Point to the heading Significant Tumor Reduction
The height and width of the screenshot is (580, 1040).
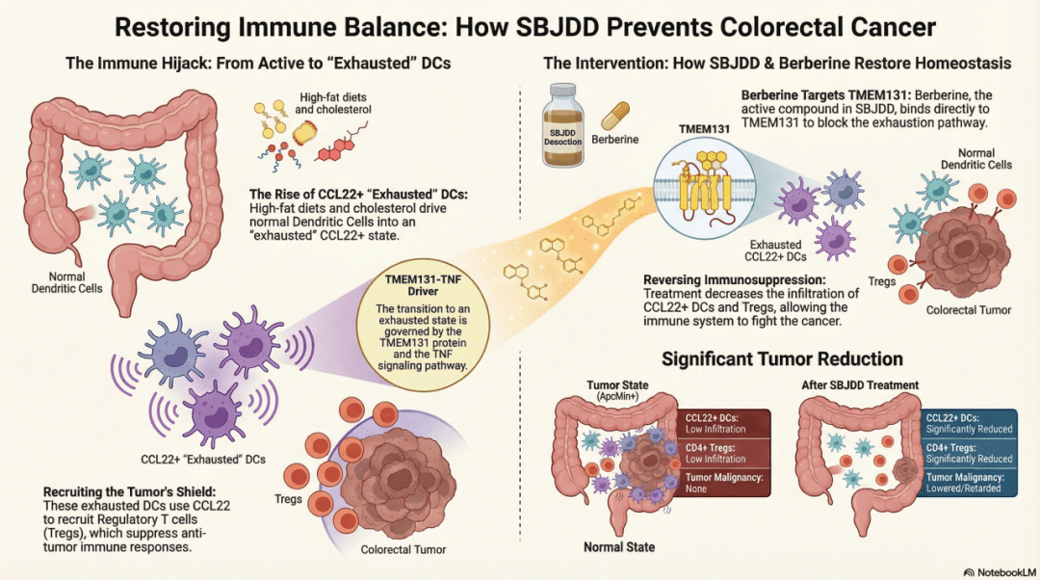pos(782,358)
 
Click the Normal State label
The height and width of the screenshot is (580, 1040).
pos(618,547)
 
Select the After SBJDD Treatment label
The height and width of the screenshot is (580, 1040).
pos(860,385)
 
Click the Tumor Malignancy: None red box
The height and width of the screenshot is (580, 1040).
pos(726,483)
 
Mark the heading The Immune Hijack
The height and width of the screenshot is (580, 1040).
pos(258,64)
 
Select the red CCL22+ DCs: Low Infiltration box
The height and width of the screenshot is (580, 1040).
pos(726,423)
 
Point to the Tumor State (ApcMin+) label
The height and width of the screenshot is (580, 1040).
pos(617,390)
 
